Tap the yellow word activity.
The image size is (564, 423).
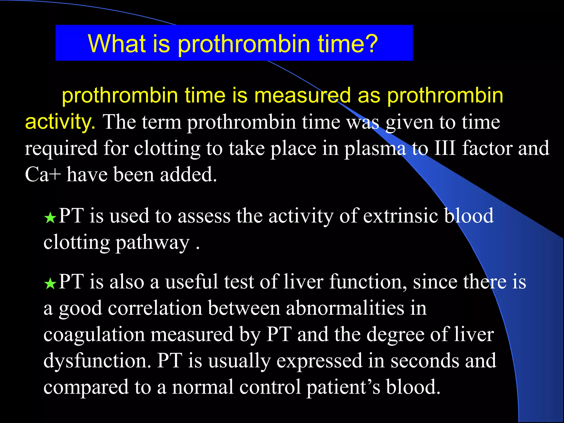pyautogui.click(x=60, y=122)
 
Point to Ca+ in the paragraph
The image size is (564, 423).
pyautogui.click(x=43, y=175)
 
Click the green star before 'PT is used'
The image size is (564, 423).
pyautogui.click(x=50, y=218)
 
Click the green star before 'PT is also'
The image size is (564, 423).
pyautogui.click(x=50, y=284)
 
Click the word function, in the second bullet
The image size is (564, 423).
pyautogui.click(x=368, y=282)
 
